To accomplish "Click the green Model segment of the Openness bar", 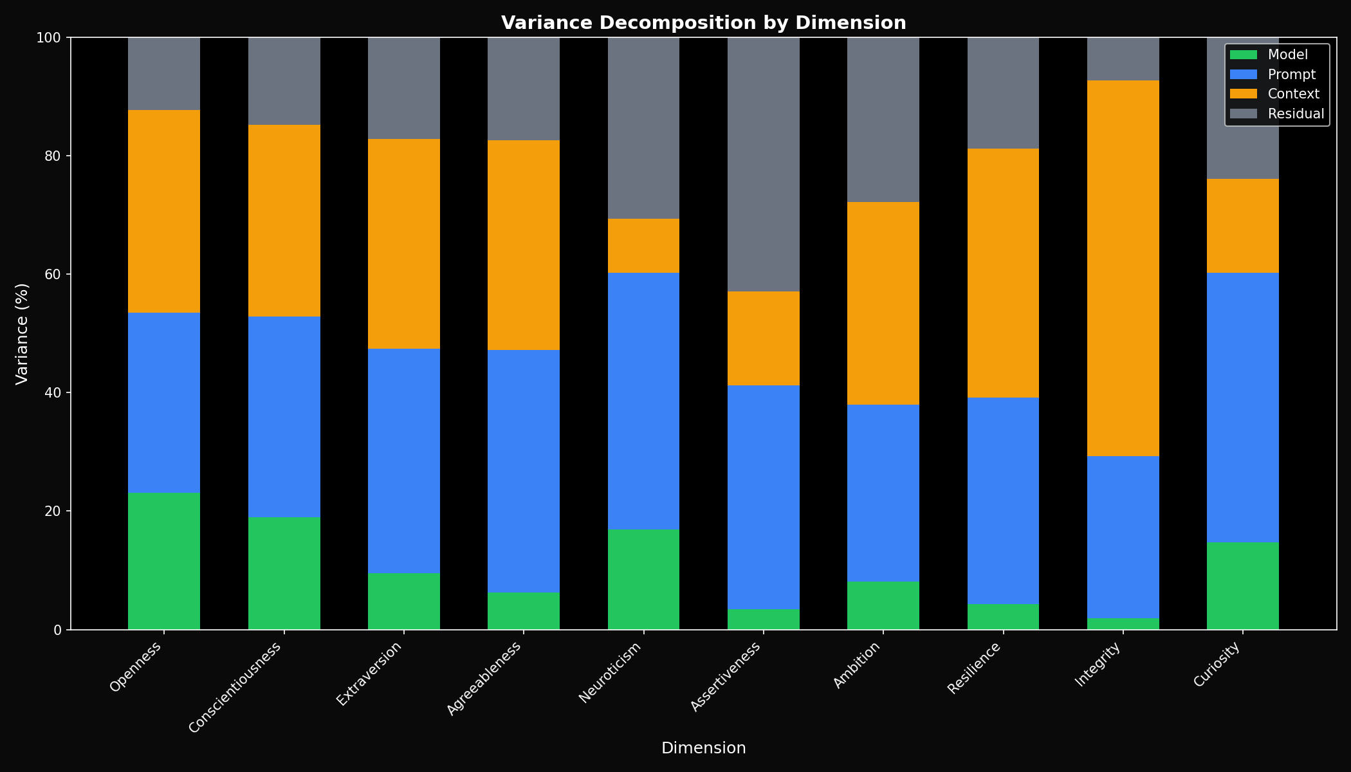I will (164, 561).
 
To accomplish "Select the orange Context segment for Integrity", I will (1123, 268).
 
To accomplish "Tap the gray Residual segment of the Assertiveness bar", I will (763, 165).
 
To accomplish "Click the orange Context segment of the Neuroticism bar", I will (643, 246).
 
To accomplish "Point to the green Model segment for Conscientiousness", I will (284, 573).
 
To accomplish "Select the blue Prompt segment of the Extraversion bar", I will (403, 461).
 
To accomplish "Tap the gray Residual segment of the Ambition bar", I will (883, 120).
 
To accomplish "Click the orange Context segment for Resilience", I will (1003, 273).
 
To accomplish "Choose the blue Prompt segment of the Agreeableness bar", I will (523, 471).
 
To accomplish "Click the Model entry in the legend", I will (1287, 55).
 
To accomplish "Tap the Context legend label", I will (1293, 94).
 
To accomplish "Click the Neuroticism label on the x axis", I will (611, 672).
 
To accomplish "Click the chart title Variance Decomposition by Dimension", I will (703, 23).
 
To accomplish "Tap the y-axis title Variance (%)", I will (22, 333).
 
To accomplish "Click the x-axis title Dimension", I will (703, 748).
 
